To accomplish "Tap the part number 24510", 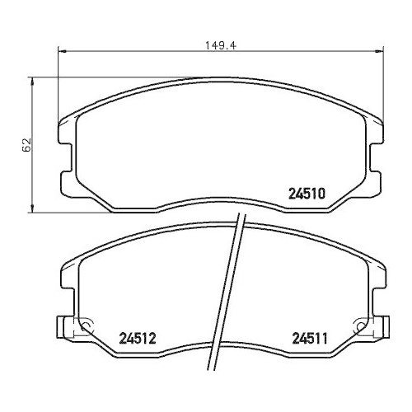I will click(x=309, y=194).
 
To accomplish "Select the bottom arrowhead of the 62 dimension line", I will click(x=31, y=205).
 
